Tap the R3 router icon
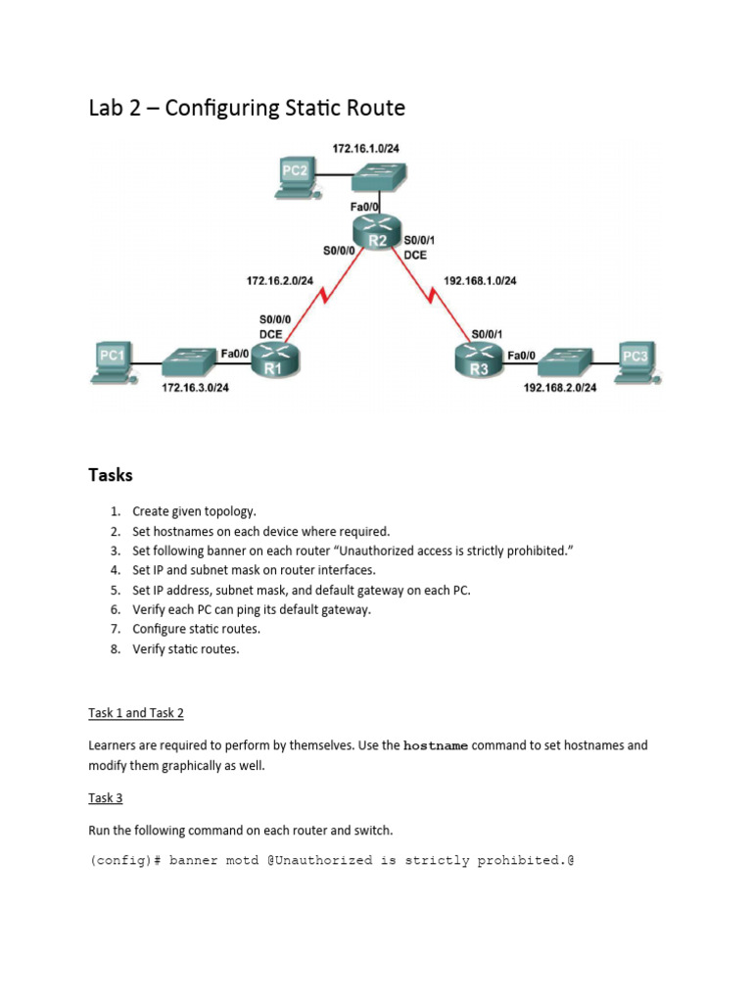[x=477, y=361]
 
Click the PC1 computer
[x=113, y=358]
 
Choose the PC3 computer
[x=634, y=358]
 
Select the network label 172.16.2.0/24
[x=279, y=281]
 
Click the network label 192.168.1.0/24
[x=481, y=281]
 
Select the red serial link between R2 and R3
[x=431, y=295]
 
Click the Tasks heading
[x=111, y=475]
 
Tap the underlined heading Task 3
[x=105, y=798]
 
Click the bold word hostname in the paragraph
[x=437, y=746]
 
